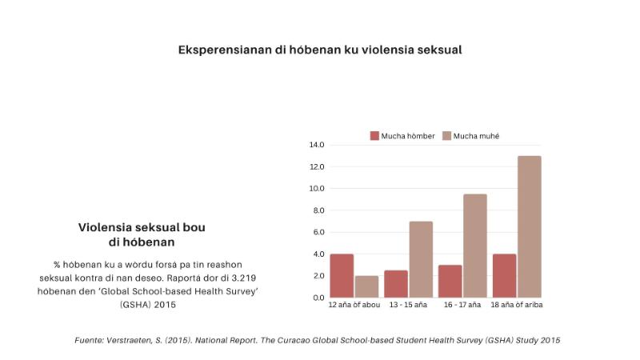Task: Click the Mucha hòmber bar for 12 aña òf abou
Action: (x=342, y=276)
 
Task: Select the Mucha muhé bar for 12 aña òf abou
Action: (x=366, y=286)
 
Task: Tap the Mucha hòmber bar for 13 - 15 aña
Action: (x=396, y=284)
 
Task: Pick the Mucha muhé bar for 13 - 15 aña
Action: (x=421, y=259)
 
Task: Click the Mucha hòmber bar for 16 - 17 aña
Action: (x=450, y=281)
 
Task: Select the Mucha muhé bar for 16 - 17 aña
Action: (x=475, y=246)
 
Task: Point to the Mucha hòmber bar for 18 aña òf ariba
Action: (x=505, y=276)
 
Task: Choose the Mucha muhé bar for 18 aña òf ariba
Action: (x=530, y=226)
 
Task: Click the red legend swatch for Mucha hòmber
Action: (x=374, y=136)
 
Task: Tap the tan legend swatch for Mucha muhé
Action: (x=446, y=136)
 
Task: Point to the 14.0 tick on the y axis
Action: (x=317, y=146)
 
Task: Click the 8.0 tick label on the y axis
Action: (x=318, y=210)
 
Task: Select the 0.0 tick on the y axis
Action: (x=318, y=298)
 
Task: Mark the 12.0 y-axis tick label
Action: (x=317, y=167)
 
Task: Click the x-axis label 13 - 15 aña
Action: (x=408, y=306)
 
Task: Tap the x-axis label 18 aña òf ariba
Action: (x=517, y=306)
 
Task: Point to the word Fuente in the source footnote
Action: (x=90, y=340)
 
